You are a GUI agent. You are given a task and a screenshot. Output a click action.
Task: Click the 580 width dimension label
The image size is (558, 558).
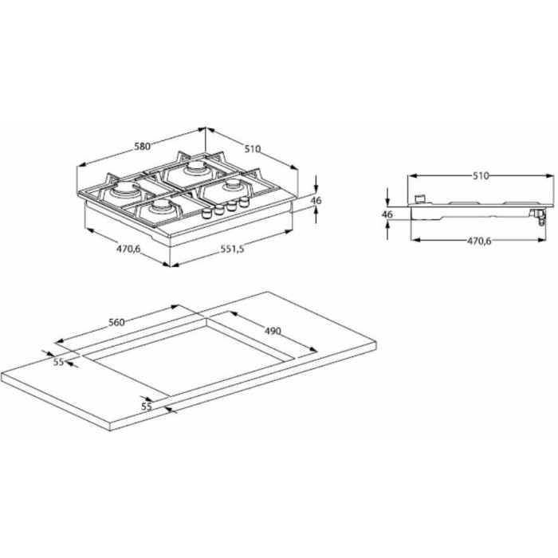coord(143,146)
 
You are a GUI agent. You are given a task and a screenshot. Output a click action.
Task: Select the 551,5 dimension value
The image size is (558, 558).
coord(233,249)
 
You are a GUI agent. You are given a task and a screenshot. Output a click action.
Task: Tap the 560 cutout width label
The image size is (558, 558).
coord(116,322)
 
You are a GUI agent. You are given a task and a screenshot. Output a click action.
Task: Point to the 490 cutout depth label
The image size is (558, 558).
coord(273,332)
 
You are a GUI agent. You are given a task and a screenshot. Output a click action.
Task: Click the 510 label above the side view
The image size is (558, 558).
coord(481,176)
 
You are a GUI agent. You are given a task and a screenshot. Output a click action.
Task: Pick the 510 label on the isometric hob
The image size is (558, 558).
coord(253,149)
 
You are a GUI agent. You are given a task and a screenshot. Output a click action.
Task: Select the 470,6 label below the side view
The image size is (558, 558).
coord(479,241)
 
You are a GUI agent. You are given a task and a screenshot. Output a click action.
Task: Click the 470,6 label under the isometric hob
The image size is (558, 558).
coord(128,249)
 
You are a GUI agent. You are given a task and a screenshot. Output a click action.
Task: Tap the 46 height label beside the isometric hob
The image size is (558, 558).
coord(316,201)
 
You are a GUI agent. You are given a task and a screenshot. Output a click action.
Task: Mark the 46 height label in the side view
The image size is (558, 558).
coord(387,214)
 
